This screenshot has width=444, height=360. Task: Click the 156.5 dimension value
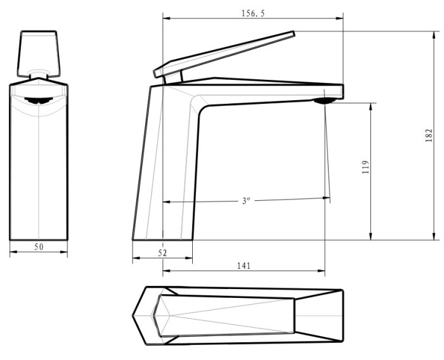(x=252, y=13)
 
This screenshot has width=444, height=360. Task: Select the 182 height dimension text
(x=429, y=135)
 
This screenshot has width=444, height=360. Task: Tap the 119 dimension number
(x=366, y=167)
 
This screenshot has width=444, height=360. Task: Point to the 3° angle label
(x=246, y=201)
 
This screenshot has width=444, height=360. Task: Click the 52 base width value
(x=162, y=253)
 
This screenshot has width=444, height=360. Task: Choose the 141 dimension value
(x=244, y=266)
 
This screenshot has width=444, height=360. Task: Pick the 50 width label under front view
(x=39, y=247)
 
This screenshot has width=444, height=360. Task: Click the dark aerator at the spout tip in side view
(x=325, y=101)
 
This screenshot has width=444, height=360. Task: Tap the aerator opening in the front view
(x=39, y=101)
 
